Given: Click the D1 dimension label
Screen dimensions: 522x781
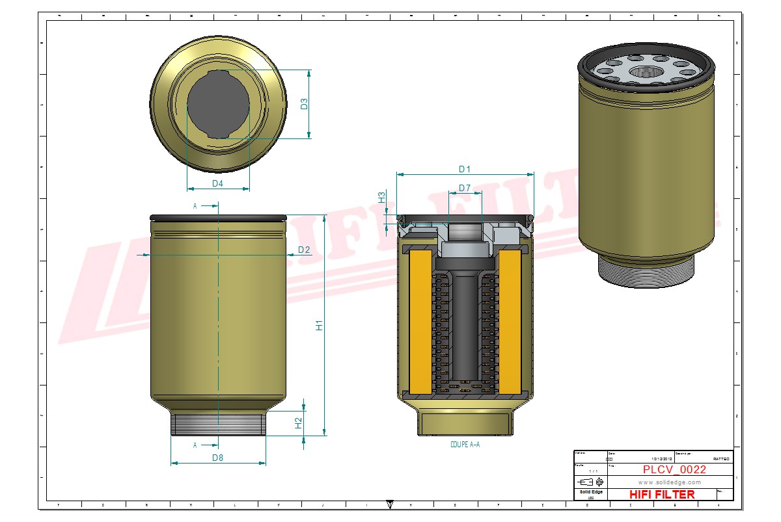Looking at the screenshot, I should coord(464,169).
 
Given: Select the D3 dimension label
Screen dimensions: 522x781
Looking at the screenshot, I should coord(304,104).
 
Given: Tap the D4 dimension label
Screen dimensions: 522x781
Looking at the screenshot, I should coord(217,183).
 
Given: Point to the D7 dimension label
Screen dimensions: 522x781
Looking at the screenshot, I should coord(464,188).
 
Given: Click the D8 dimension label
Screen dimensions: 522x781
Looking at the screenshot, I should coord(217,458).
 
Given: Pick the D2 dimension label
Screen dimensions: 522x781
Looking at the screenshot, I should coord(304,250).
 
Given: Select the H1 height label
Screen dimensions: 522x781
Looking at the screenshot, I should coord(319,325).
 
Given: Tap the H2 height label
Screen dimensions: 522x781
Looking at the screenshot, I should coord(299,423).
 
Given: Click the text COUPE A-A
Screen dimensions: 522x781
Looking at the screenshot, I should coord(465,445).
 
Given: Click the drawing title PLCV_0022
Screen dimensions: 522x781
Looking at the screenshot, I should coord(674,470).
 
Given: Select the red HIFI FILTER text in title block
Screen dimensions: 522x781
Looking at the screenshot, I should coord(662,495).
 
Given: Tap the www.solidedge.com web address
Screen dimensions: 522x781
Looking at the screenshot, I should coord(669,482).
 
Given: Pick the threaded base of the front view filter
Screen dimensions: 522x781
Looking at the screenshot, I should coord(218,423).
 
